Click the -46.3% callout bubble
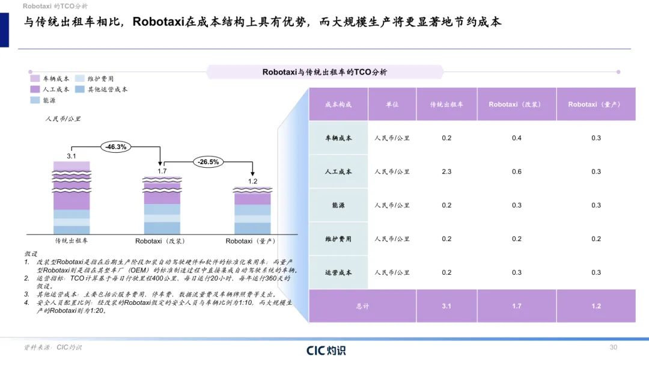[x=116, y=147]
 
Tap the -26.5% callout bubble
[x=208, y=162]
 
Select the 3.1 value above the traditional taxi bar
[x=71, y=156]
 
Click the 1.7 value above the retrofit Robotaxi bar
[x=162, y=171]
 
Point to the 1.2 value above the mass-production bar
[x=252, y=182]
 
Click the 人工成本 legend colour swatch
[x=35, y=89]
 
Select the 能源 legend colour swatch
[x=35, y=100]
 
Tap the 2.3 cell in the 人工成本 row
[x=446, y=171]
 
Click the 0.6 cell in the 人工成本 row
[x=517, y=171]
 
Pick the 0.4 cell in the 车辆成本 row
[x=517, y=138]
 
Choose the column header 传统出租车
[x=446, y=105]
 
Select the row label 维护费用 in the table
[x=338, y=239]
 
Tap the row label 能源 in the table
[x=338, y=206]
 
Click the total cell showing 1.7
[x=517, y=306]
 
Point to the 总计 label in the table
[x=362, y=306]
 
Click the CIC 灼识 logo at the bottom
[x=326, y=351]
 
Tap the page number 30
[x=614, y=347]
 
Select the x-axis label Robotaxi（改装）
[x=160, y=241]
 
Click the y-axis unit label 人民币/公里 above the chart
[x=63, y=119]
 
